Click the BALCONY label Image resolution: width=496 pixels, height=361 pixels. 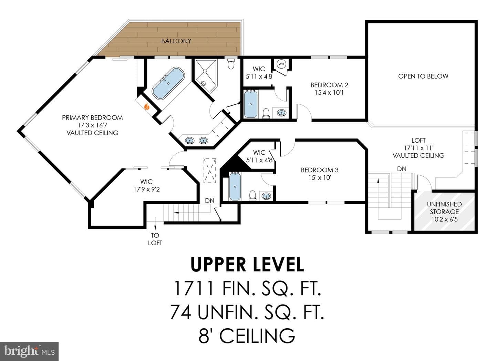(x=176, y=41)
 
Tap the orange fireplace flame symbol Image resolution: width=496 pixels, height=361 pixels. (x=147, y=107)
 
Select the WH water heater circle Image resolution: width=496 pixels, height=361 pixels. (x=281, y=64)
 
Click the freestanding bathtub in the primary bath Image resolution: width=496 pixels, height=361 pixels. (x=168, y=83)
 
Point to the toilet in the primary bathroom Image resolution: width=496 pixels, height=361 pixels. (x=231, y=64)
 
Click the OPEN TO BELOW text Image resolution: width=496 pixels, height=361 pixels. (x=423, y=76)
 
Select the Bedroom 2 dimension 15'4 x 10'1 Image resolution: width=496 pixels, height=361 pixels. (x=329, y=93)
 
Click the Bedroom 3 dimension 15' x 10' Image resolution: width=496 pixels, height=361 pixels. (x=320, y=178)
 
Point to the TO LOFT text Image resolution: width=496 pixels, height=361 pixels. (x=155, y=239)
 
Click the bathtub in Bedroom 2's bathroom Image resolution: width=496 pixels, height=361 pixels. (x=251, y=104)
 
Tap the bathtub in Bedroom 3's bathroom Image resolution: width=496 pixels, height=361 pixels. (x=235, y=186)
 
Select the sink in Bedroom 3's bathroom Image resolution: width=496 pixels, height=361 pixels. (x=266, y=196)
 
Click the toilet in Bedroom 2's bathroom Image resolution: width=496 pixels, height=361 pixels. (x=266, y=113)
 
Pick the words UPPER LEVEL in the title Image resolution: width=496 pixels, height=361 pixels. (x=247, y=265)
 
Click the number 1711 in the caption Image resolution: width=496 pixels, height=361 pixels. (x=194, y=288)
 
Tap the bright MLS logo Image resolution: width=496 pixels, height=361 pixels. (x=29, y=351)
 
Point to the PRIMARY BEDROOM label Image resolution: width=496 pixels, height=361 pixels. (x=92, y=117)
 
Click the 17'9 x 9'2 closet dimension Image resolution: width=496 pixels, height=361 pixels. (x=147, y=189)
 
